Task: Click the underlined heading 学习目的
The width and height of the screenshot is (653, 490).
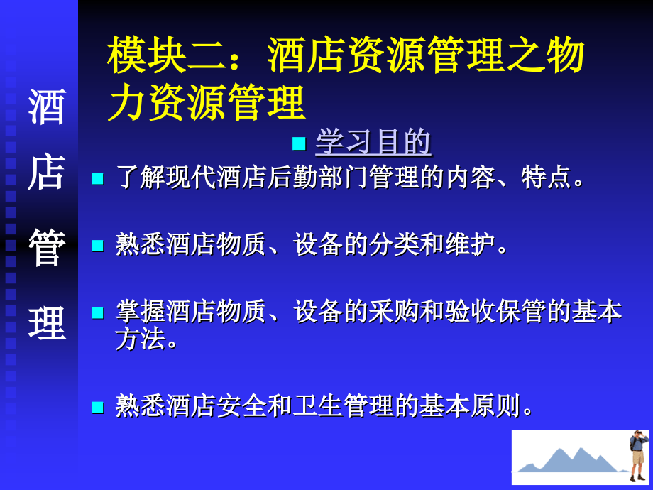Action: coord(373,141)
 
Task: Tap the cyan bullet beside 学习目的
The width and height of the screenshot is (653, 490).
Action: coord(299,143)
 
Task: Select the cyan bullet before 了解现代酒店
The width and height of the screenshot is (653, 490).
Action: coord(97,178)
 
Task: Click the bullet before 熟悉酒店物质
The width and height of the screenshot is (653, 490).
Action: coord(97,246)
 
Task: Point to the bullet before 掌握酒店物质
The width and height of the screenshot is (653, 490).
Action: coord(97,312)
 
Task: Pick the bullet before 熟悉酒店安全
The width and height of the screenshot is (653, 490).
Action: coord(97,407)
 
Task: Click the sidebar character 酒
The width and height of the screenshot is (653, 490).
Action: coord(47,107)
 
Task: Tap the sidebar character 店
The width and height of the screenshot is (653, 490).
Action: coord(47,172)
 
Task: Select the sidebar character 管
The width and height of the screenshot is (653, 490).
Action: coord(47,248)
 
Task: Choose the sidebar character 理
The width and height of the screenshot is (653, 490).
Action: coord(47,323)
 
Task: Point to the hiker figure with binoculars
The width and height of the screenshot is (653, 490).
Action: coord(638,455)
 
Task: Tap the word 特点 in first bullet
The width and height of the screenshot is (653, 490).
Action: coord(546,178)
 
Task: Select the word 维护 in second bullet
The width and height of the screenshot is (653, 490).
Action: coord(470,244)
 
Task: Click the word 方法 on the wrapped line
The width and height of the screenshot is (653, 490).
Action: coord(141,338)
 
